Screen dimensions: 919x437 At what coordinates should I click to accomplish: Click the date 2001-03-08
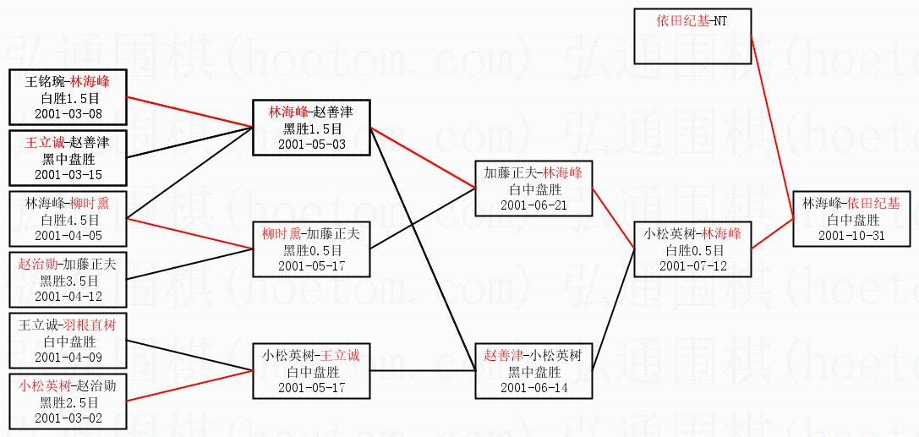68,112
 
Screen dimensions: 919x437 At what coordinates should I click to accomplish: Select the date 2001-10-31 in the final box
851,235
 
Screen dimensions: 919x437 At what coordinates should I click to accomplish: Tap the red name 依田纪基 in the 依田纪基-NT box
684,20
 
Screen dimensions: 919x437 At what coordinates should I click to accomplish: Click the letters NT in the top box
719,20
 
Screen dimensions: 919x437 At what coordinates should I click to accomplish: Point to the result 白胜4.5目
68,220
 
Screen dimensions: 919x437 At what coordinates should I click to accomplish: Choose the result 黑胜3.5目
68,281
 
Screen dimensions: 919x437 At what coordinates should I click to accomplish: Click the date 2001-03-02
68,418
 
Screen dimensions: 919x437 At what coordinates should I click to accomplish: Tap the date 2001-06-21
533,205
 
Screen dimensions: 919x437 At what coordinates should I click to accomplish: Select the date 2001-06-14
533,387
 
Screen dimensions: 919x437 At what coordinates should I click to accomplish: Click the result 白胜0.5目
694,250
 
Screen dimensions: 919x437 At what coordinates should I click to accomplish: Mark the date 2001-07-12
694,265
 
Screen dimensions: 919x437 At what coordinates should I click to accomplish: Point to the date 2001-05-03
312,144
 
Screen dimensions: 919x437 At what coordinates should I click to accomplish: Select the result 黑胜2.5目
68,402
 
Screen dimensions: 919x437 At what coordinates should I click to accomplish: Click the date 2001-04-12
68,296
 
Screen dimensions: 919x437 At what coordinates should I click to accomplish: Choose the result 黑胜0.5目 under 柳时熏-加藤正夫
312,250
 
